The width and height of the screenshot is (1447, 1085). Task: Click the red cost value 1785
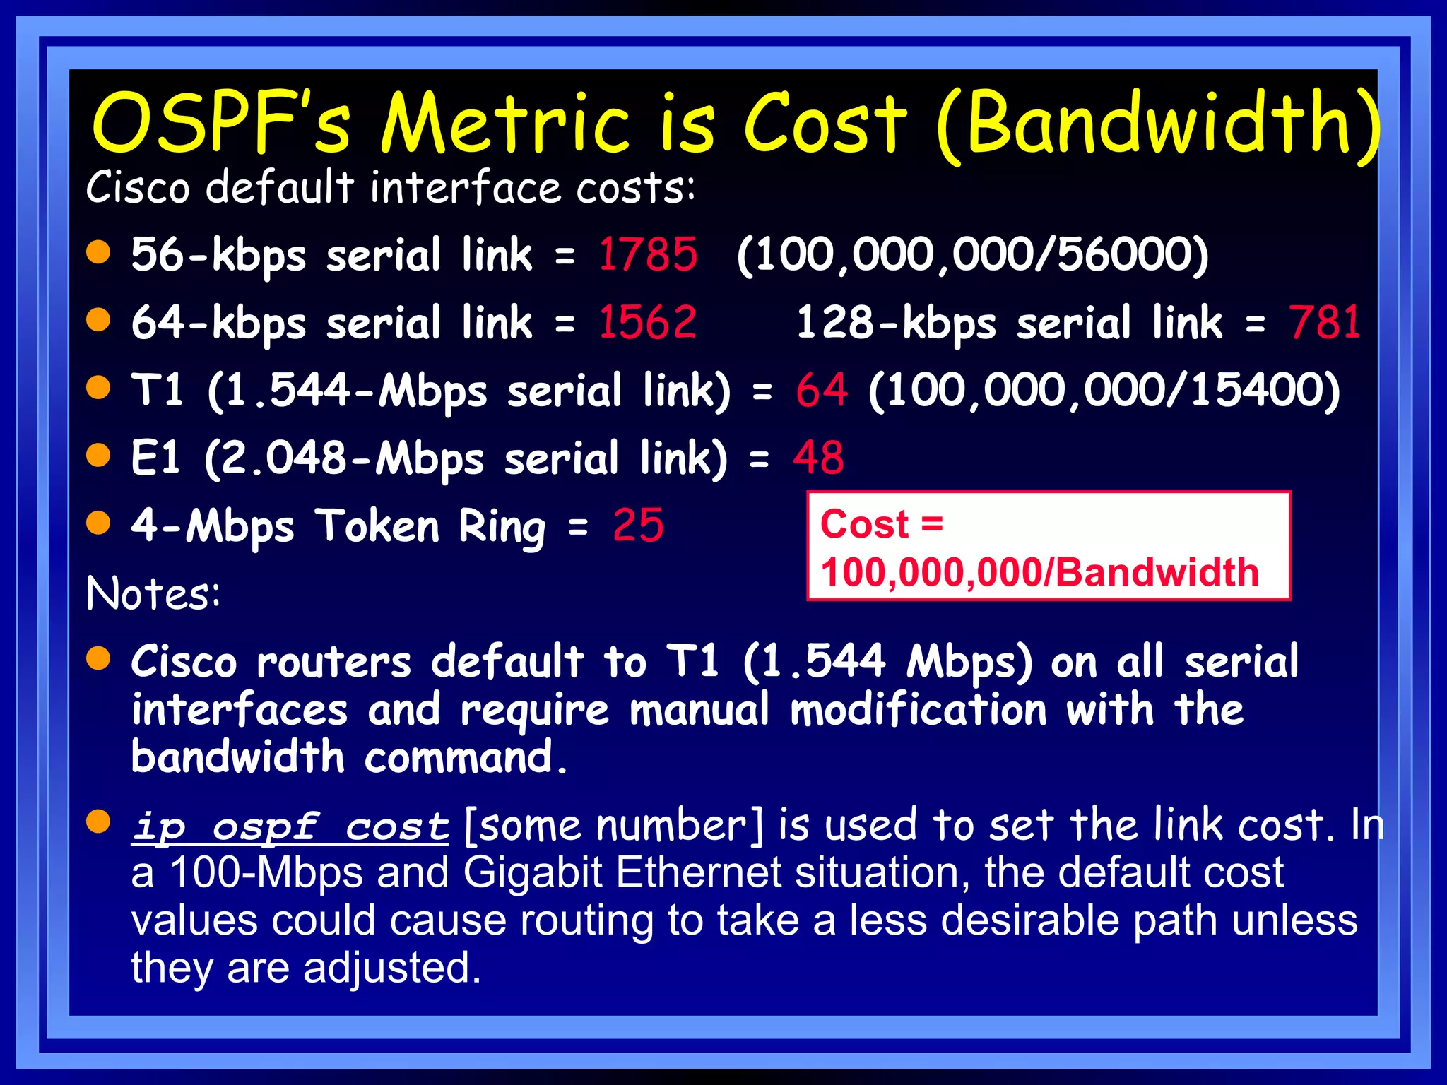648,254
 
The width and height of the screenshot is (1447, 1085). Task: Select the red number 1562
648,322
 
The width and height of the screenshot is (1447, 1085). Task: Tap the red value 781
1325,322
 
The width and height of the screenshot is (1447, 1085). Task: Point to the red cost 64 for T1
822,390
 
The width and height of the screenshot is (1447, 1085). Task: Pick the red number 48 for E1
818,458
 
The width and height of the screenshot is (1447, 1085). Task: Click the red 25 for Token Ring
638,526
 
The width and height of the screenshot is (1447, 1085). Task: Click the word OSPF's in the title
221,123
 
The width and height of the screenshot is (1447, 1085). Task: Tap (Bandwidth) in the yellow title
1159,124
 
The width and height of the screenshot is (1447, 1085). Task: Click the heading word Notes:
153,593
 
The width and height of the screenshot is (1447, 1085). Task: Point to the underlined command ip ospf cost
290,826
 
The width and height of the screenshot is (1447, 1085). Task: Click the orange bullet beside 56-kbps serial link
99,251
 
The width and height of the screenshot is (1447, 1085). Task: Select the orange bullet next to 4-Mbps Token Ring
99,523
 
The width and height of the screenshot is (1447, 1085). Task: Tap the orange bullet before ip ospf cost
99,821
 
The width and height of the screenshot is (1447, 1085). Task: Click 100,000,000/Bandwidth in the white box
1039,572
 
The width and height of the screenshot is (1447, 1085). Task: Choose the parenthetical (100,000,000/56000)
973,254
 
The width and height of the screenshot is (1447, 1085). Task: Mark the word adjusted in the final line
392,968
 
